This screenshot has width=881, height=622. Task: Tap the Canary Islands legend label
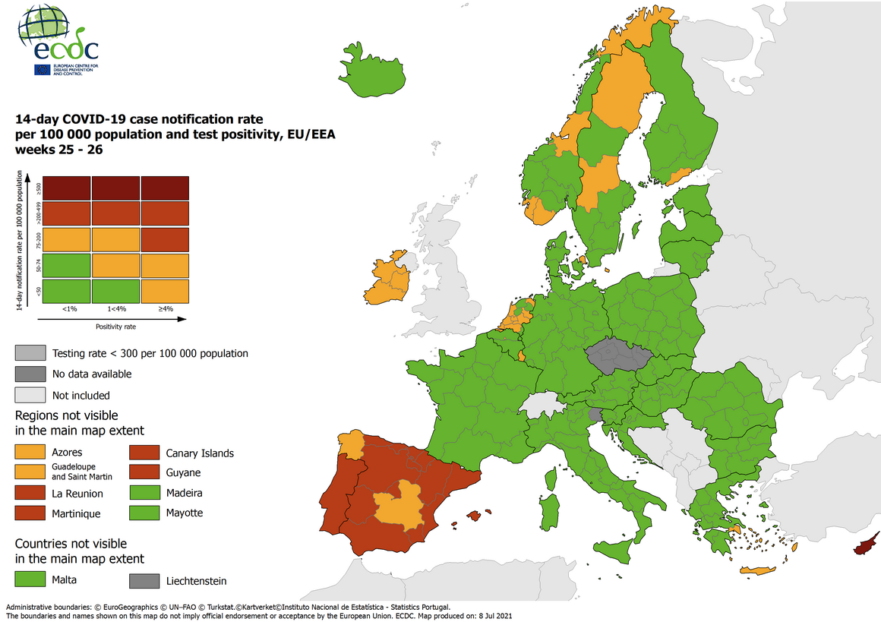(x=200, y=453)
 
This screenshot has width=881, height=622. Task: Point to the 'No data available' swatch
(x=30, y=374)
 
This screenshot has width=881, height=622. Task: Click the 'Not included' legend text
(x=81, y=395)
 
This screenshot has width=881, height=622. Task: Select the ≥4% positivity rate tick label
(x=165, y=309)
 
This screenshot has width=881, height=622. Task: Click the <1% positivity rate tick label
(x=68, y=309)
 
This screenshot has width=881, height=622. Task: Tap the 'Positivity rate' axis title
(x=116, y=327)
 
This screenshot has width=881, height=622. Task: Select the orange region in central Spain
(x=399, y=504)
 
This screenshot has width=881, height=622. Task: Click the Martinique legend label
(x=75, y=514)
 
